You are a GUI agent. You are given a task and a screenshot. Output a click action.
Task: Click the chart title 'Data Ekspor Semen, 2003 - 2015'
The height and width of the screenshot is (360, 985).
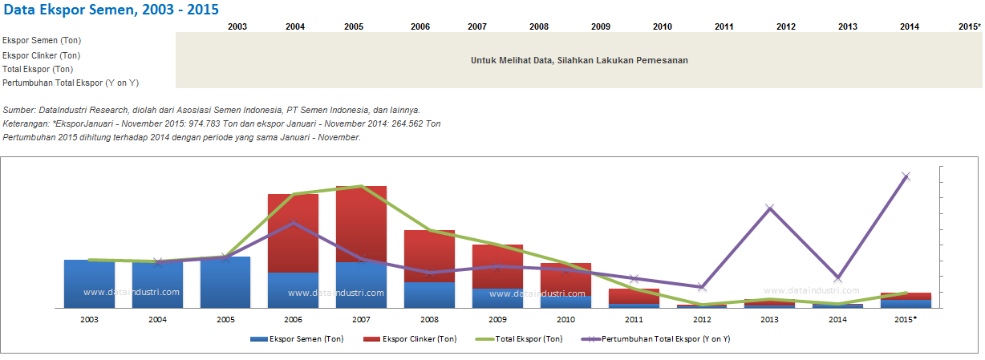(x=111, y=10)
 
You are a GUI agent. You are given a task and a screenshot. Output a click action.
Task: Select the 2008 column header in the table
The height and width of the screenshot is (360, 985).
(x=539, y=26)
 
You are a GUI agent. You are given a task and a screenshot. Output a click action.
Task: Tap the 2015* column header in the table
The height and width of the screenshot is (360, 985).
(x=969, y=26)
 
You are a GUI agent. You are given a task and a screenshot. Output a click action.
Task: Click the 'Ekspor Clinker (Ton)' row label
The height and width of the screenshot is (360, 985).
(x=42, y=55)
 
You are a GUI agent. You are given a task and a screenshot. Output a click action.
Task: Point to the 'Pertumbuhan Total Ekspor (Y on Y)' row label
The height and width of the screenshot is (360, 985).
(x=71, y=83)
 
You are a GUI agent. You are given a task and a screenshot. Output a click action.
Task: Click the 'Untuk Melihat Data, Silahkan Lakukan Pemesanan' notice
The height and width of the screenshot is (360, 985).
(x=579, y=60)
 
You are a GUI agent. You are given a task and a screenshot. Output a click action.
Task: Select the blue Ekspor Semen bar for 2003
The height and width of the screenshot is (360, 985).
(x=89, y=283)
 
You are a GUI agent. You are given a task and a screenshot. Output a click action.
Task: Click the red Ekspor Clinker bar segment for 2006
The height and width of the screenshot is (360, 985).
(x=293, y=233)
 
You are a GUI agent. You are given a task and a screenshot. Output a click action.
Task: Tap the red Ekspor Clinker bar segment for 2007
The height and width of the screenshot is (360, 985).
(x=361, y=224)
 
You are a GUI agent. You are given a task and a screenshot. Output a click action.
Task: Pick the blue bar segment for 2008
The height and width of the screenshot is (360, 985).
(x=429, y=294)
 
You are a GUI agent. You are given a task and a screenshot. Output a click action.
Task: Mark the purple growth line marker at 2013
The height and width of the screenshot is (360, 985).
(x=770, y=208)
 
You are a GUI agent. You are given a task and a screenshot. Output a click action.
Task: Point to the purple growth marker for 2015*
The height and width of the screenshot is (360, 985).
(x=906, y=176)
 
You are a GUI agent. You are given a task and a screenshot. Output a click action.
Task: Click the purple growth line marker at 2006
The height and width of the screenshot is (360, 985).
(x=293, y=222)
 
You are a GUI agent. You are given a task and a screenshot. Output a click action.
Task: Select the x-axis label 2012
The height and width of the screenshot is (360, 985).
(x=702, y=319)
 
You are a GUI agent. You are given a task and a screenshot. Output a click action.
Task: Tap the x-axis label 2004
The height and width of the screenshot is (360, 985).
(x=157, y=319)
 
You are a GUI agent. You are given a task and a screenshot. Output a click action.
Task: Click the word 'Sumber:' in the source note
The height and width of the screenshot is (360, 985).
(x=19, y=110)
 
